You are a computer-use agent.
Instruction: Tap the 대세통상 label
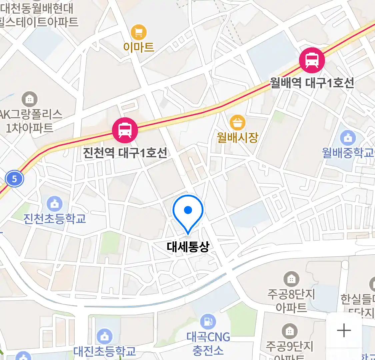point(188,247)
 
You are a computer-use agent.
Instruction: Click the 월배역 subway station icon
point(312,60)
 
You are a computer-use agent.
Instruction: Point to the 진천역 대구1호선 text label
point(125,153)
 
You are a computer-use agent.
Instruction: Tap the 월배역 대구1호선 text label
point(312,83)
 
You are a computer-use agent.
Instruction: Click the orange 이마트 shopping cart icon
point(139,33)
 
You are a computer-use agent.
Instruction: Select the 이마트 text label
point(139,47)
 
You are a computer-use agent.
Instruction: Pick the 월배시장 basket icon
point(237,123)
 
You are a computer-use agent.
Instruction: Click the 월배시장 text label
point(237,137)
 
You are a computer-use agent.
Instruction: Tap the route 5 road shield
point(14,179)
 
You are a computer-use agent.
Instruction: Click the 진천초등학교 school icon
point(54,204)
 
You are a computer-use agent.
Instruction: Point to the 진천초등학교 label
point(54,219)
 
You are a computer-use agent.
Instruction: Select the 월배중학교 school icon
point(348,137)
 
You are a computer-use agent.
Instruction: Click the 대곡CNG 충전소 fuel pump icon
point(208,322)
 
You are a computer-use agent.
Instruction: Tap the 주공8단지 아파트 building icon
point(291,279)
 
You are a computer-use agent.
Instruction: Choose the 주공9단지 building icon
point(289,331)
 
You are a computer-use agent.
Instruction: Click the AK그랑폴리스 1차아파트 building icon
point(30,99)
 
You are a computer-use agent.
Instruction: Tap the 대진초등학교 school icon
point(105,336)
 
